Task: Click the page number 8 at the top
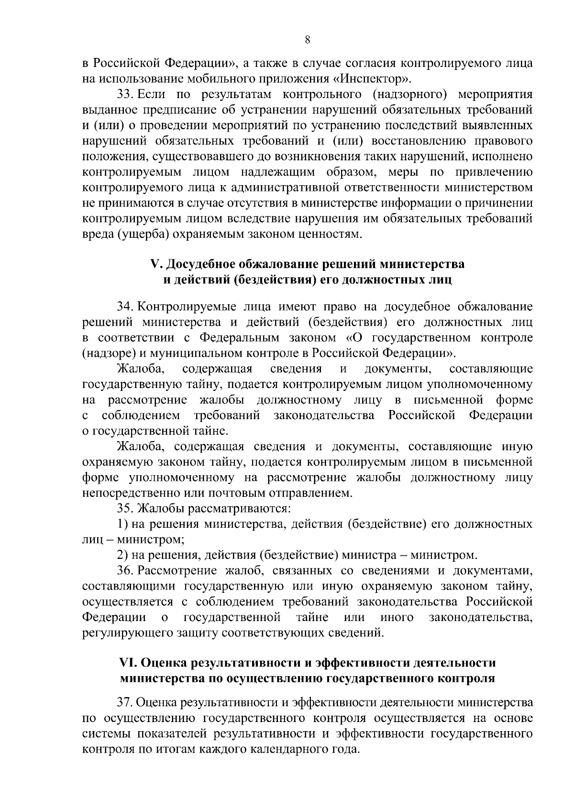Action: click(308, 40)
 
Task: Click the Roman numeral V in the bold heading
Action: click(154, 264)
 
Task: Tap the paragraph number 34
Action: click(125, 307)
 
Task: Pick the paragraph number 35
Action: click(125, 508)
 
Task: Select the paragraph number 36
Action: click(125, 571)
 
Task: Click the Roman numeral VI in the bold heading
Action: click(128, 663)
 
